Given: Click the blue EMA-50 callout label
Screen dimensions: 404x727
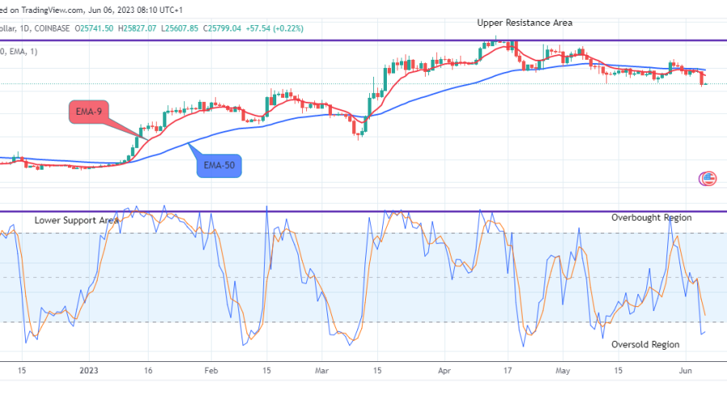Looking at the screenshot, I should [218, 165].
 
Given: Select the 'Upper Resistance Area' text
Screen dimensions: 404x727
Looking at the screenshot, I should [524, 23].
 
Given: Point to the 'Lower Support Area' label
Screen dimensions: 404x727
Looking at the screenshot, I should [77, 220].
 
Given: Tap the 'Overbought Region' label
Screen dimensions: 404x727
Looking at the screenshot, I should [651, 217].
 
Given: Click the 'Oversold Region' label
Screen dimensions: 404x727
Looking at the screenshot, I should [645, 344].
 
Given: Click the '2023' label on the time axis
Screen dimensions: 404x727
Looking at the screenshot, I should [89, 370].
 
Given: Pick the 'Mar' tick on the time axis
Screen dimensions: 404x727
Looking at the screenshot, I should [321, 370].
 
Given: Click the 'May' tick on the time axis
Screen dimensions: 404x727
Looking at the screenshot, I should [564, 370].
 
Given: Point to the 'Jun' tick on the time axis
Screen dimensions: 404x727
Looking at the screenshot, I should [684, 370].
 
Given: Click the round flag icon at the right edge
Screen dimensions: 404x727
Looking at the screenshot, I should [708, 179].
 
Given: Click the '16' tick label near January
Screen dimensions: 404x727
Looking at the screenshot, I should [149, 370].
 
